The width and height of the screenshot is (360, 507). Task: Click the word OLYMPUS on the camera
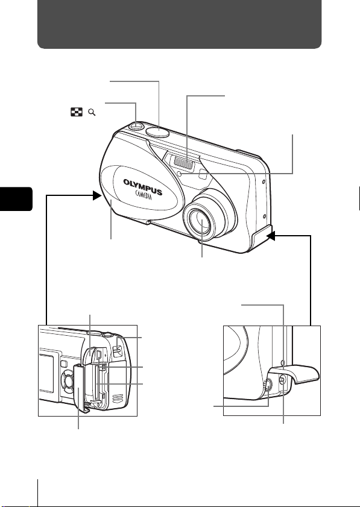pyautogui.click(x=143, y=187)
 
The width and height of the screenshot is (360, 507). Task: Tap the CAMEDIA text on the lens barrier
pyautogui.click(x=144, y=195)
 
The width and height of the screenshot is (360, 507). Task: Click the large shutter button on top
pyautogui.click(x=157, y=131)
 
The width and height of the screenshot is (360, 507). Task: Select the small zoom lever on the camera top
pyautogui.click(x=136, y=126)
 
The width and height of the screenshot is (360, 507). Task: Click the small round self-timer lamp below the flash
pyautogui.click(x=183, y=174)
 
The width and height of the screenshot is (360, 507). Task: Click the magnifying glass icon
pyautogui.click(x=92, y=112)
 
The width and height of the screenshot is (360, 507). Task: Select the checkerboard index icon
pyautogui.click(x=77, y=112)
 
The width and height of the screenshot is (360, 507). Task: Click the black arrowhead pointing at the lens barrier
pyautogui.click(x=97, y=195)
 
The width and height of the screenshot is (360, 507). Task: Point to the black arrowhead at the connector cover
pyautogui.click(x=271, y=236)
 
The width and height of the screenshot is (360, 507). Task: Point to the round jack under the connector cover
pyautogui.click(x=268, y=384)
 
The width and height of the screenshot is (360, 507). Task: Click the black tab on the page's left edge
pyautogui.click(x=16, y=199)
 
